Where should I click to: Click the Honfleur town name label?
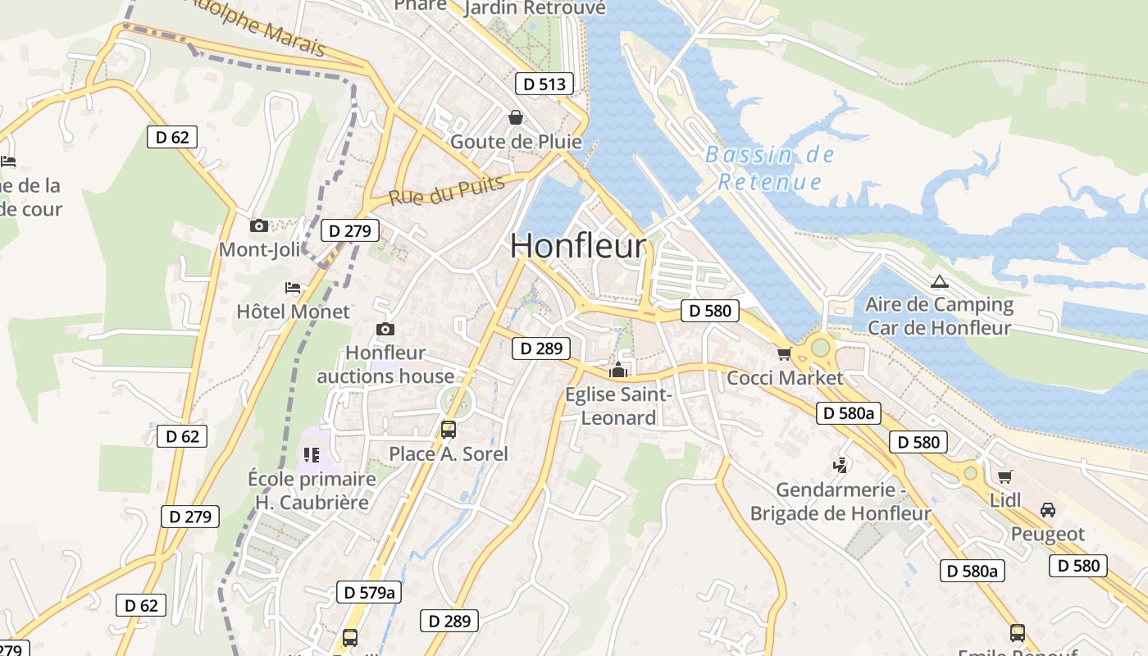pos(578,246)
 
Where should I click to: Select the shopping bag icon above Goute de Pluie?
pos(516,117)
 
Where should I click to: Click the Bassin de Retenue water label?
pos(769,168)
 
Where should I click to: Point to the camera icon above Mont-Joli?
pos(259,225)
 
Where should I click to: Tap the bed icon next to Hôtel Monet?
pos(293,288)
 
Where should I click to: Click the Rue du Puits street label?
pos(446,191)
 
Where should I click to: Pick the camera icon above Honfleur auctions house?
pos(385,329)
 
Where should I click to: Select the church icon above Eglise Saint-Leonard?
pos(618,370)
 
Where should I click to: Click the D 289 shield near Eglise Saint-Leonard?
pos(541,348)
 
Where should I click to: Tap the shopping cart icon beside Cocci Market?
pos(785,353)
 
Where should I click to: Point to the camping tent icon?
pos(939,281)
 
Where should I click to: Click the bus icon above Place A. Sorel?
pos(449,429)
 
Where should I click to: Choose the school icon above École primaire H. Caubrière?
pos(311,454)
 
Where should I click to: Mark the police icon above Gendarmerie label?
pos(840,466)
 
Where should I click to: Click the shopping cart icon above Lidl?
pos(1004,476)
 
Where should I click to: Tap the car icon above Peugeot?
pos(1047,510)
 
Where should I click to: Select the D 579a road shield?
pos(369,592)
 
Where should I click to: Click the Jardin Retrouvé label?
pos(535,8)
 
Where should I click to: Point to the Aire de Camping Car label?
pos(940,317)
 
